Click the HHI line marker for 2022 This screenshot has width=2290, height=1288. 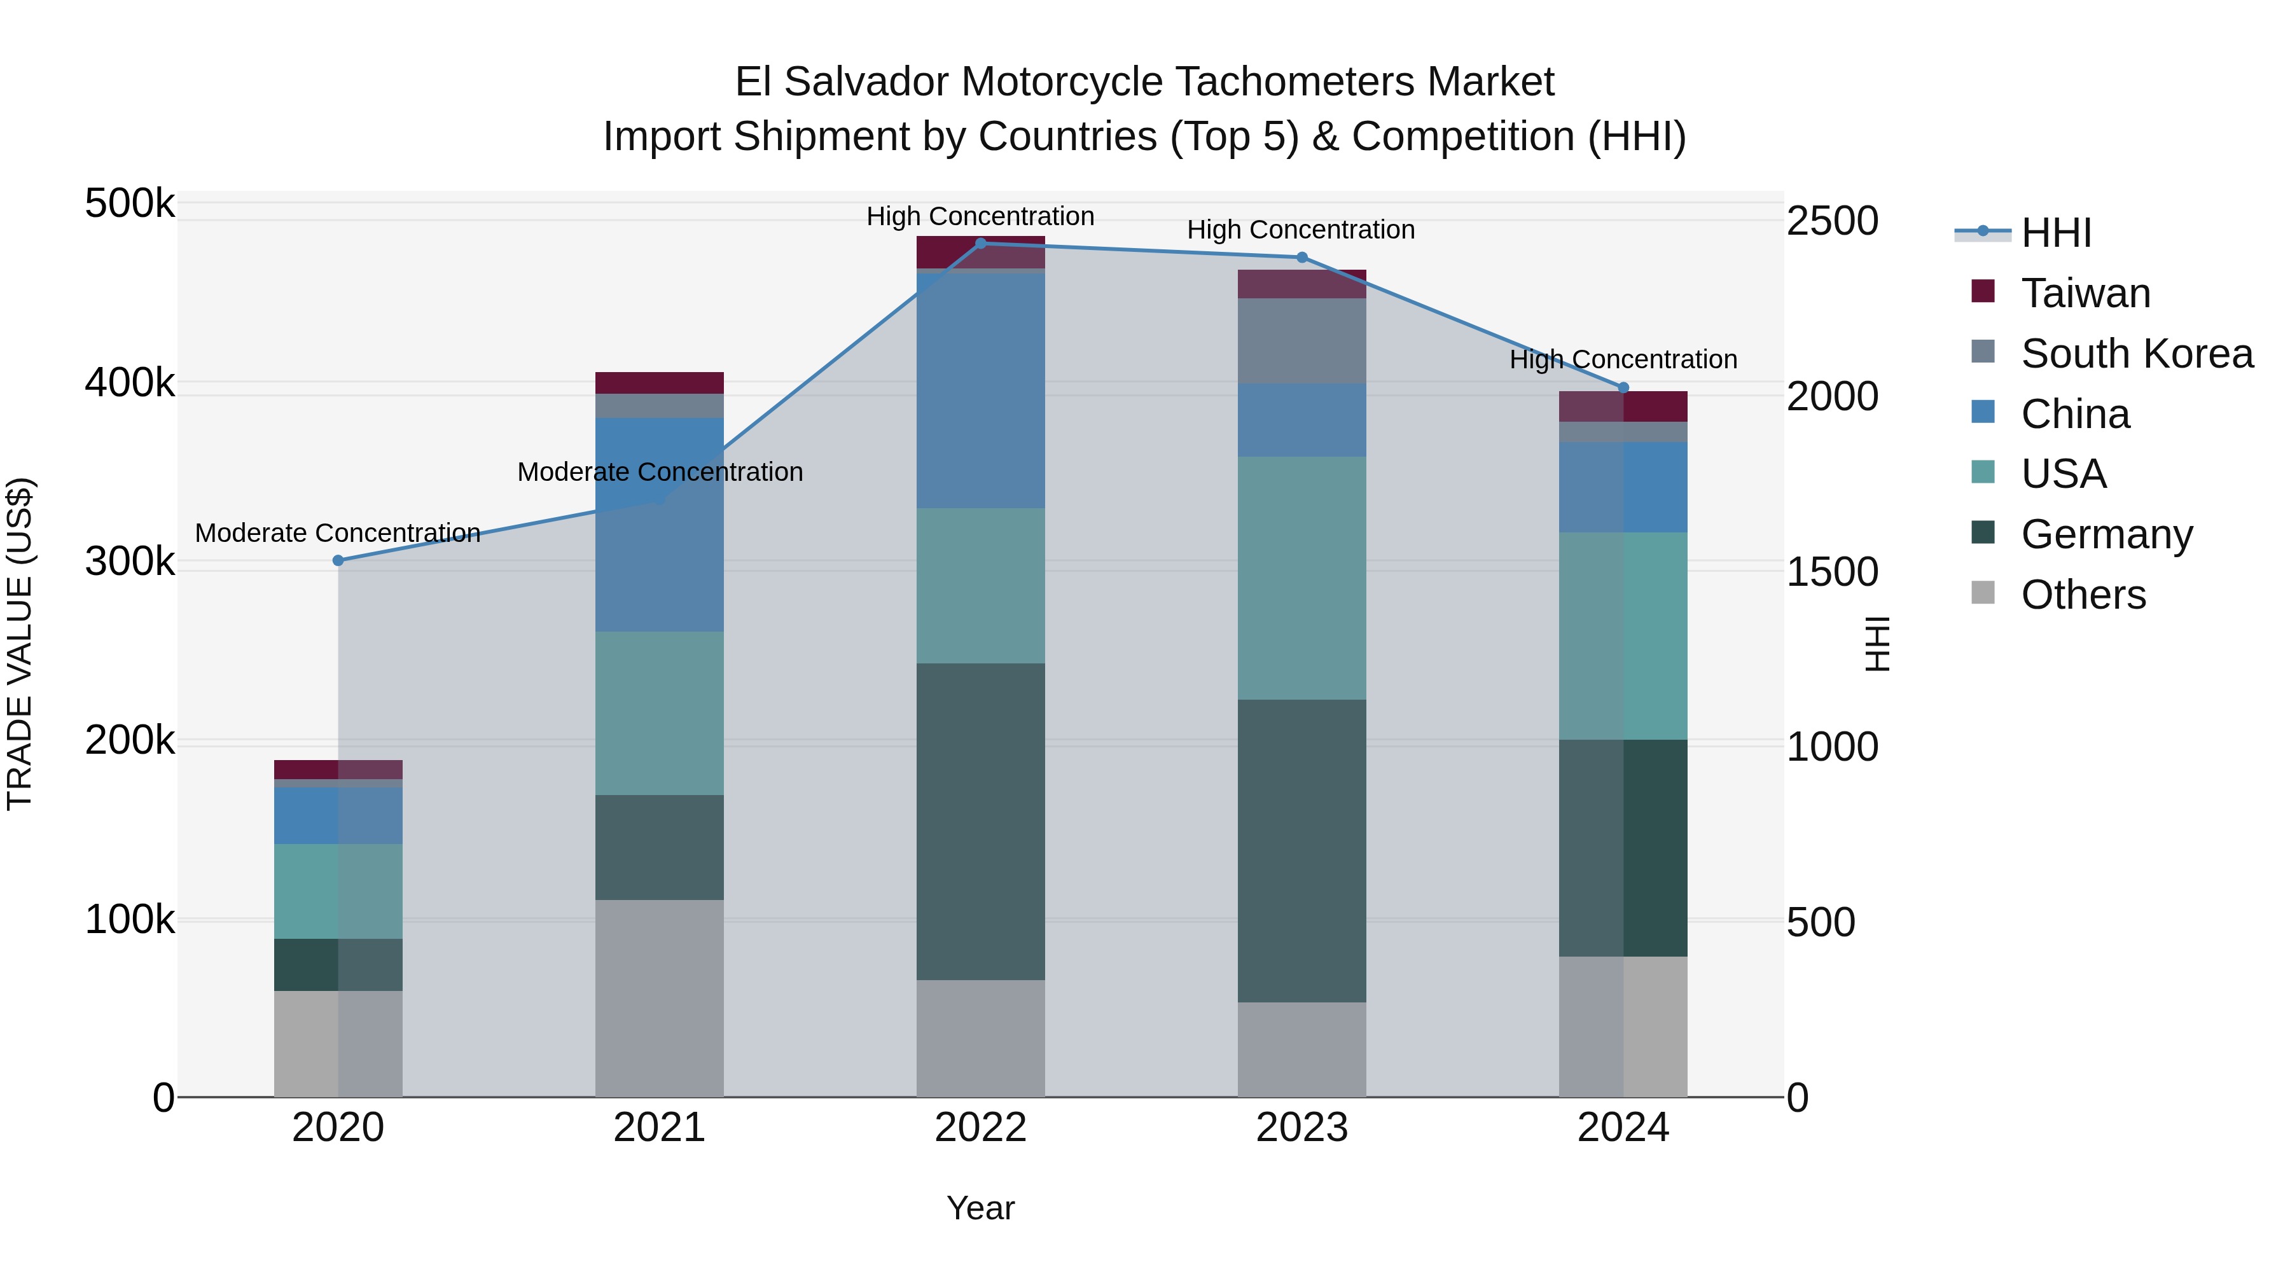980,244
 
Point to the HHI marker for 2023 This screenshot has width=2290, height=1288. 1301,258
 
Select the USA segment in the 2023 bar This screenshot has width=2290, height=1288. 1301,578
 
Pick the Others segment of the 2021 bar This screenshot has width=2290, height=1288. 659,998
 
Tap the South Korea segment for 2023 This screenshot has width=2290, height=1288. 1301,342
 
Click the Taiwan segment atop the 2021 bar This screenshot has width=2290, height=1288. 659,383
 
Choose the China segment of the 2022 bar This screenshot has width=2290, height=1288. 980,391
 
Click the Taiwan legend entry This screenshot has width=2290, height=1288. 2085,293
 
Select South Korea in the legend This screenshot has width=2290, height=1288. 2136,354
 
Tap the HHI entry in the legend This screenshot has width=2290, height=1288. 2055,233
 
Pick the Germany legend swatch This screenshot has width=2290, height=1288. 1982,534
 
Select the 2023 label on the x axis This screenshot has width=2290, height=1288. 1301,1128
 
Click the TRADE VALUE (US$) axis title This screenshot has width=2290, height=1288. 20,644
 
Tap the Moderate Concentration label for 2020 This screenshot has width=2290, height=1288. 338,534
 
